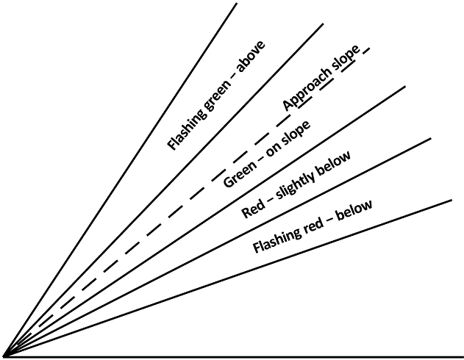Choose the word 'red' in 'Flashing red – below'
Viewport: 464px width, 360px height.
point(313,223)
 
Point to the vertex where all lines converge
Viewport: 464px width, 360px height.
point(5,356)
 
